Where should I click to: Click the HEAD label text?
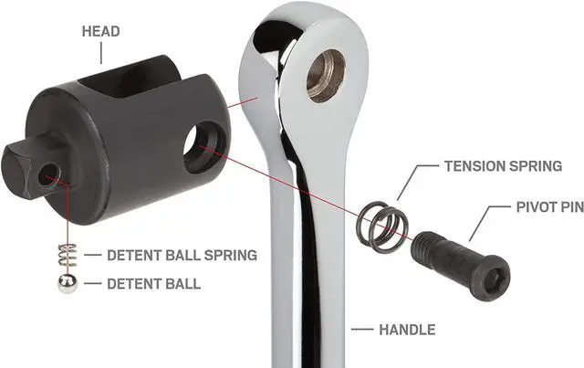click(x=100, y=32)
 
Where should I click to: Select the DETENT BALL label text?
click(x=152, y=284)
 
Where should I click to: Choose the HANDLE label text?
click(x=406, y=329)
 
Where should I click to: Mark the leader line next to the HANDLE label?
click(x=362, y=329)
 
